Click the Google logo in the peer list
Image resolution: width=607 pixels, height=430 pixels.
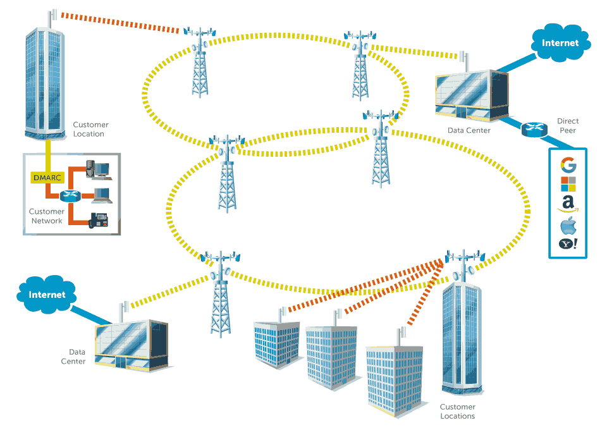pyautogui.click(x=568, y=166)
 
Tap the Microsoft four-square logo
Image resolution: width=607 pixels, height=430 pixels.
pyautogui.click(x=568, y=184)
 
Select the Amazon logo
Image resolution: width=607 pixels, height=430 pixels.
pyautogui.click(x=568, y=203)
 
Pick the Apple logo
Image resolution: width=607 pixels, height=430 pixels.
pyautogui.click(x=568, y=225)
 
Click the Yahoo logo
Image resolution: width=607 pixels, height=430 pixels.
pyautogui.click(x=568, y=244)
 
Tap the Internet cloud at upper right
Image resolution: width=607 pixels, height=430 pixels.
pyautogui.click(x=560, y=43)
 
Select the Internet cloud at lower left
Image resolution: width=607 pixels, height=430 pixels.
pyautogui.click(x=47, y=295)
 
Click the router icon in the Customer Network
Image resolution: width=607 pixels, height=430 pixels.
pyautogui.click(x=70, y=196)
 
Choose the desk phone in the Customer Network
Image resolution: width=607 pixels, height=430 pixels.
pyautogui.click(x=100, y=220)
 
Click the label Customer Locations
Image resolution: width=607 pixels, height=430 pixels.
pyautogui.click(x=457, y=412)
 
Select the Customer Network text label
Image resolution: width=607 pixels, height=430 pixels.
pyautogui.click(x=47, y=216)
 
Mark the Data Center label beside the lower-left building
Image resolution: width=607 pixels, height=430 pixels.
pyautogui.click(x=73, y=357)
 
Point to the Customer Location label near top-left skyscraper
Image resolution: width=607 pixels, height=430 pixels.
pyautogui.click(x=90, y=129)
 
